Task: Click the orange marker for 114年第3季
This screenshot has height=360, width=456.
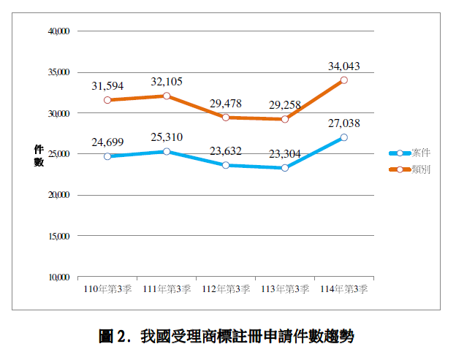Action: click(x=343, y=80)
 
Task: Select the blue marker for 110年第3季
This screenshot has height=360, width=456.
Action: click(x=107, y=156)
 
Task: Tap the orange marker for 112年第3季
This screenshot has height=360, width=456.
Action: click(x=226, y=118)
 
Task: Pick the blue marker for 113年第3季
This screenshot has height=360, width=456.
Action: click(x=285, y=168)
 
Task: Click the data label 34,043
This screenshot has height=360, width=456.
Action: click(x=343, y=66)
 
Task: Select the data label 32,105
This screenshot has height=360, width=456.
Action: click(x=167, y=81)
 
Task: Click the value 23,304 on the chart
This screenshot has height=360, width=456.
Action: click(x=284, y=154)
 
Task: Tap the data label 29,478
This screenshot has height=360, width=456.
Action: click(x=226, y=103)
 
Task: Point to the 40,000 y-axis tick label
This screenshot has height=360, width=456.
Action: click(x=58, y=31)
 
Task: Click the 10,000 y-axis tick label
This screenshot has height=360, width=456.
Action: click(x=58, y=277)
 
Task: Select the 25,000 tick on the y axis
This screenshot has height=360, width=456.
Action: click(x=58, y=154)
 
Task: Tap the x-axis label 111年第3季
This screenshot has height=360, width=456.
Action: click(x=167, y=290)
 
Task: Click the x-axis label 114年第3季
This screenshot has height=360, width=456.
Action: click(x=343, y=290)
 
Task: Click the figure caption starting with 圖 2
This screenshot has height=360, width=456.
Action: click(x=226, y=337)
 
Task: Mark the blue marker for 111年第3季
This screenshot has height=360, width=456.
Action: click(x=167, y=152)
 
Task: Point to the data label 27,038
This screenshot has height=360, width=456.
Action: click(x=343, y=123)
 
